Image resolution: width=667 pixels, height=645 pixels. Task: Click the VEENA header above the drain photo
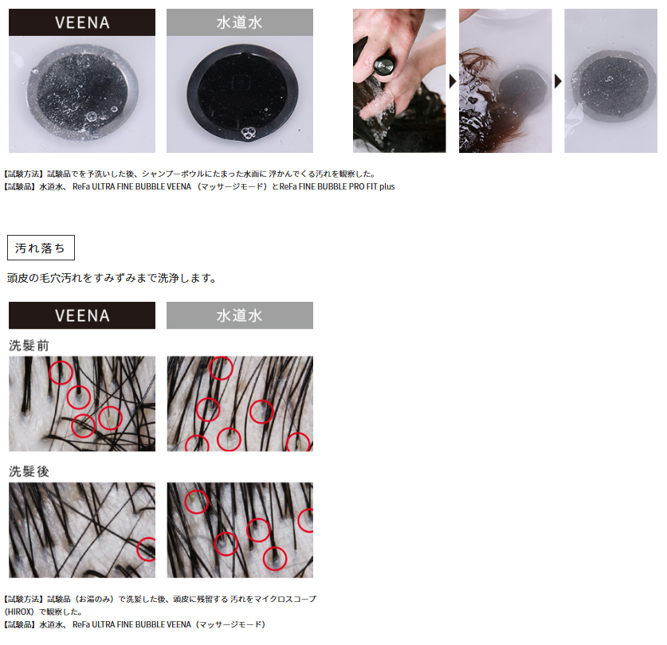click(82, 22)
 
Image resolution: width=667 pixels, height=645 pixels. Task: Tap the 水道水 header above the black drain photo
click(240, 22)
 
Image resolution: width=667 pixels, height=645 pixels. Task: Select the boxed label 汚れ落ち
click(41, 248)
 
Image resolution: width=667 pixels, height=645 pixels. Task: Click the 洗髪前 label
click(29, 346)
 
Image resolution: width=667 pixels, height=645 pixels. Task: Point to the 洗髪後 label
click(29, 471)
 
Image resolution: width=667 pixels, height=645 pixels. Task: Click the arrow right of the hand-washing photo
click(453, 80)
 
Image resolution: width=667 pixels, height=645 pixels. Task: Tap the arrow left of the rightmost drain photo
click(558, 80)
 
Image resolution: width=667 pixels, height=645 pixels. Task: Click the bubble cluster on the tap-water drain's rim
click(248, 133)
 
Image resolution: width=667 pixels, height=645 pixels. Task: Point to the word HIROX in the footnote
click(19, 612)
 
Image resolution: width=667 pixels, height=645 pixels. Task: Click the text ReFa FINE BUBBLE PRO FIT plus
click(337, 186)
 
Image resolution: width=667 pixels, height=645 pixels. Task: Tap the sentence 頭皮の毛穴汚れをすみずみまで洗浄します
click(112, 278)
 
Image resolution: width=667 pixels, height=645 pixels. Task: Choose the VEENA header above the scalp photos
click(82, 315)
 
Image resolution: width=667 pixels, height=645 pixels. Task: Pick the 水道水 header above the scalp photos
click(240, 315)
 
